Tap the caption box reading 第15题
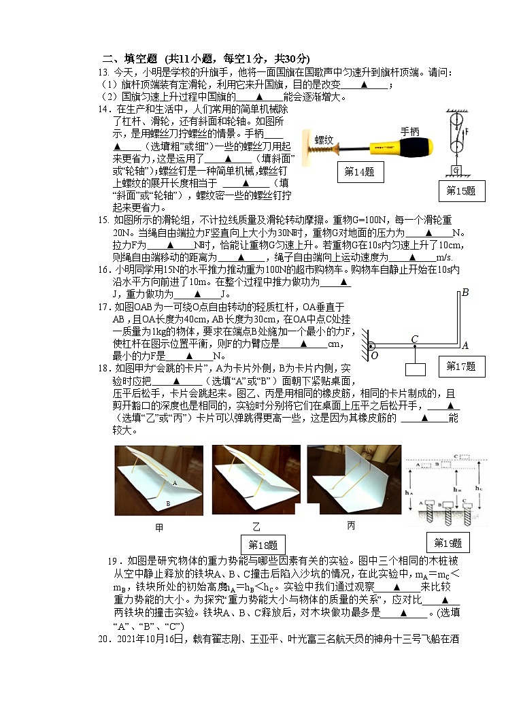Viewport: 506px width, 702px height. click(461, 191)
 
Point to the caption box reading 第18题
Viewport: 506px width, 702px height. click(264, 545)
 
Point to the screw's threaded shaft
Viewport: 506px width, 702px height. click(320, 154)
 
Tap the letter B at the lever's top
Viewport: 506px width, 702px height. click(465, 294)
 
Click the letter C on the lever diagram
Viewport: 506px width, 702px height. click(414, 339)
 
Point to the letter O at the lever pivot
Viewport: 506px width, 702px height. click(374, 354)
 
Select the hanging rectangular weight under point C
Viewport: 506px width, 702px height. click(415, 370)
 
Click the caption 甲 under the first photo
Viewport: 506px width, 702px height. click(159, 527)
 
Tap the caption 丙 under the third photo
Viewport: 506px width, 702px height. click(351, 525)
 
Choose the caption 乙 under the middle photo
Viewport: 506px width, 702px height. click(256, 527)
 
